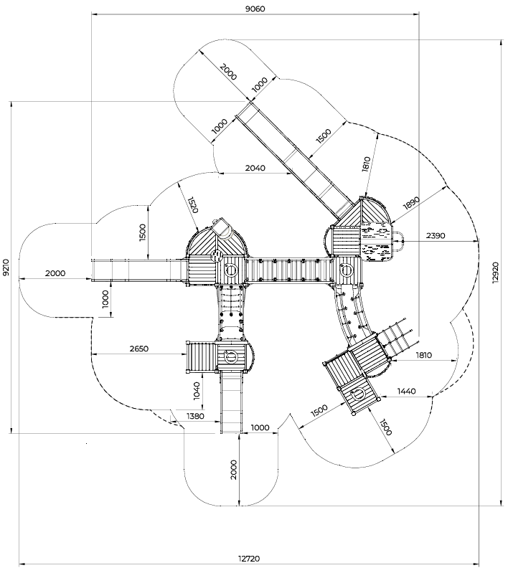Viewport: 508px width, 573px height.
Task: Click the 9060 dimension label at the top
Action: click(255, 9)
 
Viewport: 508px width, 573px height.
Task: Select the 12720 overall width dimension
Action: click(249, 559)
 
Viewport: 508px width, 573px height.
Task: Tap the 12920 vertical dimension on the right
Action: click(495, 273)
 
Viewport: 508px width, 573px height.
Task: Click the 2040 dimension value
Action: click(255, 168)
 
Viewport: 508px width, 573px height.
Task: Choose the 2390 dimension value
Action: click(436, 236)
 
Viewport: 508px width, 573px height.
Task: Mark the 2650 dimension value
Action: click(139, 349)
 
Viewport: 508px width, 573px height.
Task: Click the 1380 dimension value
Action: click(195, 416)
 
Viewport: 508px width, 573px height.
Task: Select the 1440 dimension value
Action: click(406, 392)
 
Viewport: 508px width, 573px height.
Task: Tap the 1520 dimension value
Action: click(193, 205)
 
